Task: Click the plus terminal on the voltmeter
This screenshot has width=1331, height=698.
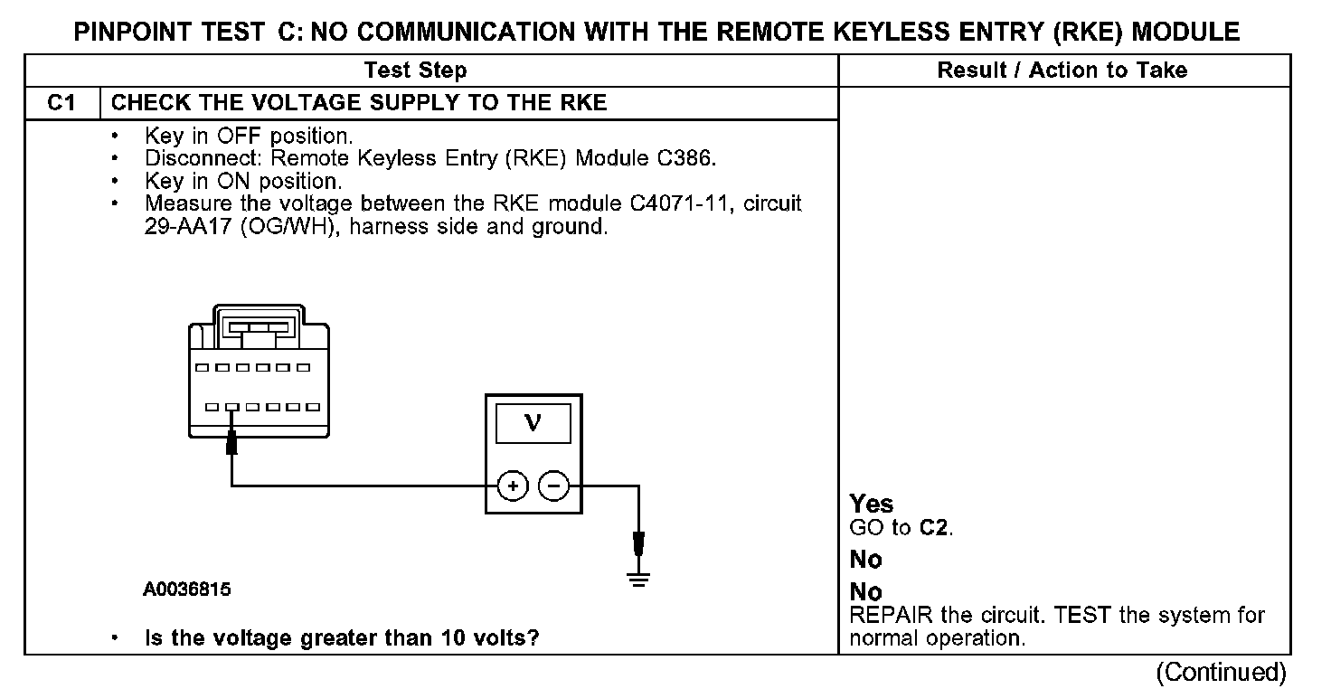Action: pos(513,486)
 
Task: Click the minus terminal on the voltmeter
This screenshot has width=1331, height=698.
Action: pos(553,486)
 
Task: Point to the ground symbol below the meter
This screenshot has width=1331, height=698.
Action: pos(639,579)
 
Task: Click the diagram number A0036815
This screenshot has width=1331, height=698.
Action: pos(186,590)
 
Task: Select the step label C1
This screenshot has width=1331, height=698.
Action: pos(61,103)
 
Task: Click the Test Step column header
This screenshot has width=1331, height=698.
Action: pos(415,71)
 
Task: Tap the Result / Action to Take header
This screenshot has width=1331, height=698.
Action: pos(1062,71)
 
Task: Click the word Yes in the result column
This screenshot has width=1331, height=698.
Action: pos(872,505)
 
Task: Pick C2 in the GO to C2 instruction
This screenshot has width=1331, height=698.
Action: pos(935,528)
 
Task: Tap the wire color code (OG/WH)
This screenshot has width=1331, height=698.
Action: pos(292,226)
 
